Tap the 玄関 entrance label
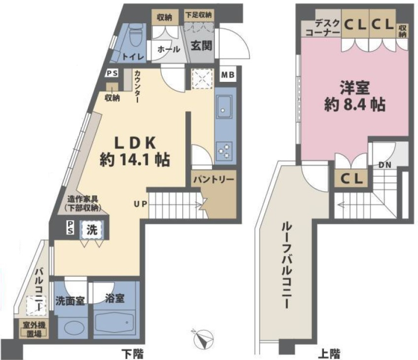pos(202,46)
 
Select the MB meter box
pos(228,75)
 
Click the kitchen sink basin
pos(224,107)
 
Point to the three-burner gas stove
pos(224,151)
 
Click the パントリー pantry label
pos(214,180)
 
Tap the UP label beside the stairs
pos(140,204)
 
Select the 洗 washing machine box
pos(92,230)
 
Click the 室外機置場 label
pos(34,329)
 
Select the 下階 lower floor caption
pos(133,354)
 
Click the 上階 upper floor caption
pos(329,354)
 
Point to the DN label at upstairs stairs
pos(385,165)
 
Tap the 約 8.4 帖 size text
pos(354,105)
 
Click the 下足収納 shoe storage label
pos(199,15)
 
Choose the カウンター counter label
pos(137,86)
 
